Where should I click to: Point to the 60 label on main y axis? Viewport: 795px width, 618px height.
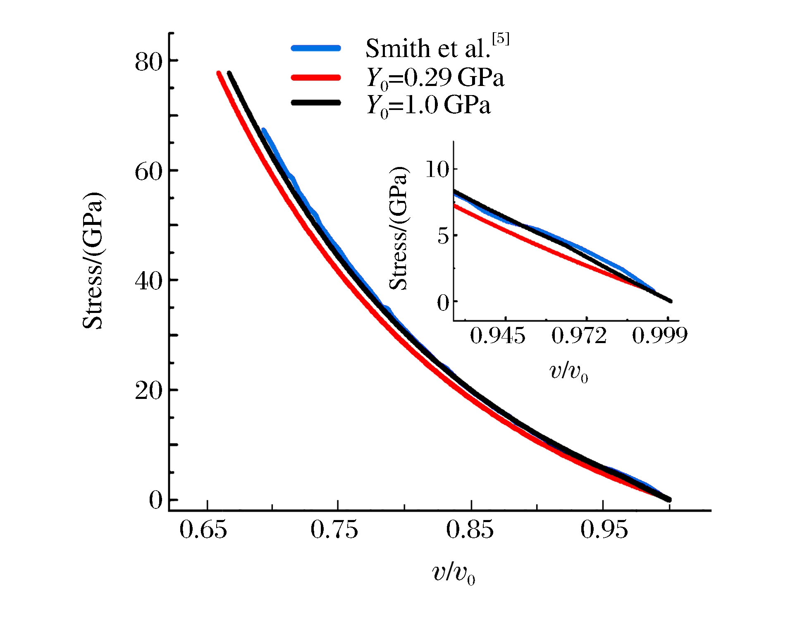point(148,171)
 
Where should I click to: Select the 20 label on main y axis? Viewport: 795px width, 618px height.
point(148,390)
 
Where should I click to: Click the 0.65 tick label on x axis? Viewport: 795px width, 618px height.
point(203,530)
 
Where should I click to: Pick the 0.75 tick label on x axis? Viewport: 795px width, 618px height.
point(334,530)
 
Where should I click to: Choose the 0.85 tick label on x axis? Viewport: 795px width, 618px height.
point(470,530)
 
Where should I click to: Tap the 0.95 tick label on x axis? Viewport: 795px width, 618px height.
point(604,530)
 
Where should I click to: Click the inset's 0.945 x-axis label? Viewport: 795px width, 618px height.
point(497,335)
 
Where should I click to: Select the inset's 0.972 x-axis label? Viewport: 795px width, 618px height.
point(579,335)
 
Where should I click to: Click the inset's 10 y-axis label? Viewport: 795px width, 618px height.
point(437,169)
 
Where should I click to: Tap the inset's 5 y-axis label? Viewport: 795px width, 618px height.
point(443,236)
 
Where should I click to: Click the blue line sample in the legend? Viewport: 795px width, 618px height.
point(316,48)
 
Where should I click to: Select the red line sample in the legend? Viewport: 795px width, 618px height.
point(316,77)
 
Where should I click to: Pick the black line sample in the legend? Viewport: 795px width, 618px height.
point(316,103)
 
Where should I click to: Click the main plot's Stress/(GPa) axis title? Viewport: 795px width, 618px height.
point(93,260)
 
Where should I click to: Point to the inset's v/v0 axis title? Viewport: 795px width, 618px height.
point(569,372)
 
